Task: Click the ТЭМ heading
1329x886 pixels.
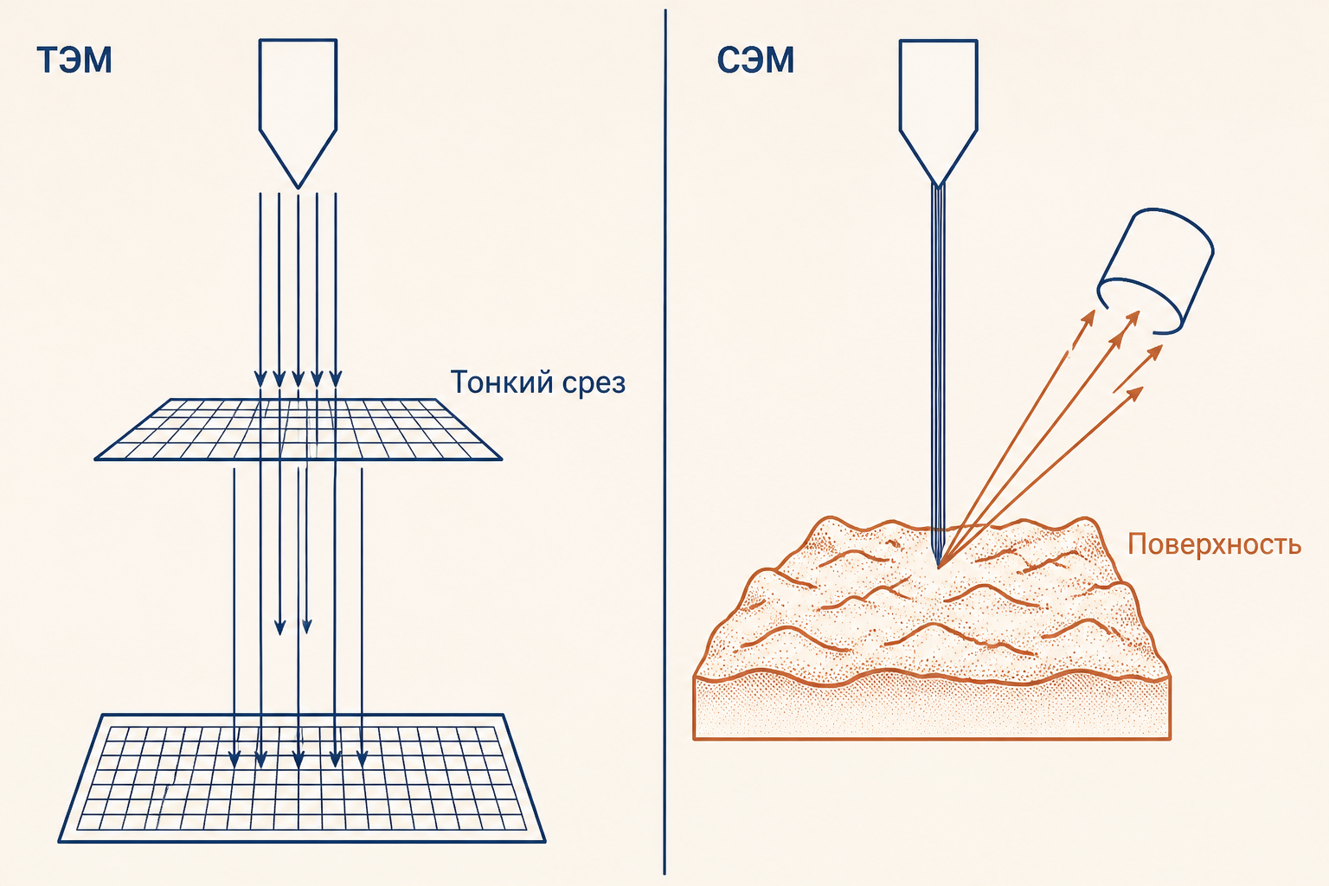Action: coord(74,60)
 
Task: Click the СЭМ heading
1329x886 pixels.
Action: coord(755,60)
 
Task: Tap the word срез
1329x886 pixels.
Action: coord(594,384)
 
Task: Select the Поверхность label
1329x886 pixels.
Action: coord(1214,543)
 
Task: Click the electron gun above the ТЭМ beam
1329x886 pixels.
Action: coord(298,112)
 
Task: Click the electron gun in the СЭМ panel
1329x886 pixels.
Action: coord(938,112)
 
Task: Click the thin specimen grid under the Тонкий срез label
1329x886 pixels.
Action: coord(298,429)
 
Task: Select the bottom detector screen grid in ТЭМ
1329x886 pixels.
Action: coord(301,778)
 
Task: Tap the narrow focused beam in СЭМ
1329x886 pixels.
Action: coord(938,374)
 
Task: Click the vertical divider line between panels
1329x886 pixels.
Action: coord(665,442)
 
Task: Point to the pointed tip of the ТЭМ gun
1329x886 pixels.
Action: coord(298,188)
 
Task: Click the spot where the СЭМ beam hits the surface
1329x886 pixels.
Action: coord(938,566)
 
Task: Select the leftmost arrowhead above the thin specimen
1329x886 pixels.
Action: coord(260,379)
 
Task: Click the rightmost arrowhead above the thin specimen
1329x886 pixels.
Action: coord(336,379)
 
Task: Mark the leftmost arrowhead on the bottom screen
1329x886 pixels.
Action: coord(234,759)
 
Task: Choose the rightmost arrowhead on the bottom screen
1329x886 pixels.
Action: coord(362,759)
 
